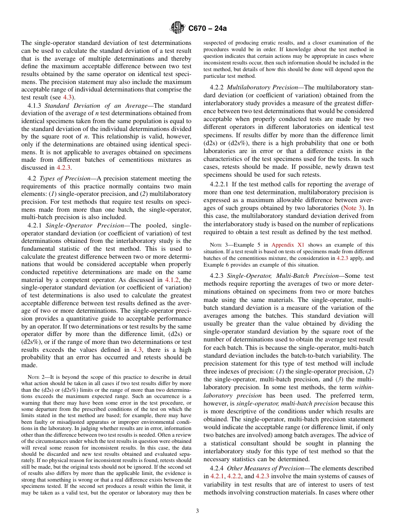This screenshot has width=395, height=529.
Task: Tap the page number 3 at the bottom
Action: point(197,511)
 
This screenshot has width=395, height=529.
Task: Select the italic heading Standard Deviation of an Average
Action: point(96,106)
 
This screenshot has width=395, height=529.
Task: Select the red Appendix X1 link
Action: point(294,245)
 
